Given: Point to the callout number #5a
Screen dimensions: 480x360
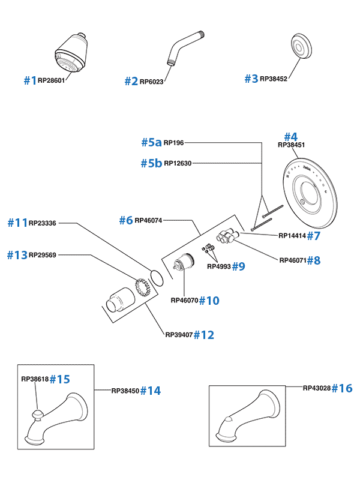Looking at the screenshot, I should tap(152, 142).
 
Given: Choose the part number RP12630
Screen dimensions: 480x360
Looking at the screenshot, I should tap(178, 163).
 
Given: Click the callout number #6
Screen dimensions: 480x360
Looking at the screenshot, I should tap(125, 220).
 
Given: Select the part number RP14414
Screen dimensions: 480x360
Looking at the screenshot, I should tap(293, 236).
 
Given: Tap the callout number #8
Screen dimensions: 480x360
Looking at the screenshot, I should tap(314, 260).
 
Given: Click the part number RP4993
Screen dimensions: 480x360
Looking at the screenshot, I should tap(219, 266).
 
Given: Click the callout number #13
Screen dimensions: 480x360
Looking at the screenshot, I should tap(17, 255).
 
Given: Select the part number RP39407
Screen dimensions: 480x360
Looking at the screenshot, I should tap(179, 335).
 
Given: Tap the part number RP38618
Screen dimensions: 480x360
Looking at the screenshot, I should tap(34, 379).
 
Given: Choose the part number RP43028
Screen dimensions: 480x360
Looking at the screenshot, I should tap(316, 388).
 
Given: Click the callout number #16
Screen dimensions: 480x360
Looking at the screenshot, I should tap(342, 388).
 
